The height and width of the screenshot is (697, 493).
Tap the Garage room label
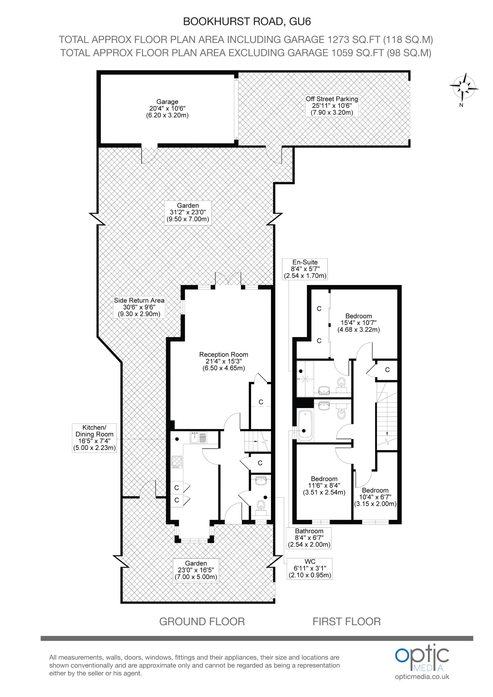pos(167,108)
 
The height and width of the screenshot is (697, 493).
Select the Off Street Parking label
pos(332,105)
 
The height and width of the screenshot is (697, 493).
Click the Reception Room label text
pos(224,361)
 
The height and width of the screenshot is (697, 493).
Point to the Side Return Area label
pos(139,307)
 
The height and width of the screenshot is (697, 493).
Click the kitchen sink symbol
pos(198,438)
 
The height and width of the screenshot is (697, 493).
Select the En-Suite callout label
pos(305,269)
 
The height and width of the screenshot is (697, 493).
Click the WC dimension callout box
pos(309,568)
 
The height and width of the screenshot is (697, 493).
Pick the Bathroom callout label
pos(309,538)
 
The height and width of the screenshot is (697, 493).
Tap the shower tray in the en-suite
pos(305,378)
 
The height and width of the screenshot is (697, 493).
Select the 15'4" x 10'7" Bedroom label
pos(358,323)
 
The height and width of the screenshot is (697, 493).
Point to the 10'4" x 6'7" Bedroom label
pos(375,497)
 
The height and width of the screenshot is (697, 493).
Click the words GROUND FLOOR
pos(202,621)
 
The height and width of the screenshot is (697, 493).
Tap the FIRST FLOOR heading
pos(346,621)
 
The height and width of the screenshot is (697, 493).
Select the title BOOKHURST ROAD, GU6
pos(247,22)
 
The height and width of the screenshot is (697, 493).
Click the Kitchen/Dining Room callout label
pos(94,438)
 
